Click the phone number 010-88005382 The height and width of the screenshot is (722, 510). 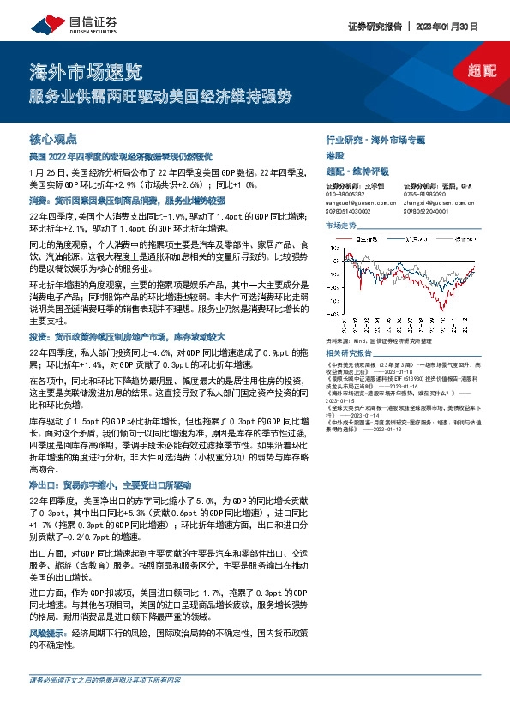pyautogui.click(x=347, y=194)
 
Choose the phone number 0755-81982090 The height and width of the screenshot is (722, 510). pyautogui.click(x=426, y=194)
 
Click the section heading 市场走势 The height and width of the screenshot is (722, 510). pyautogui.click(x=340, y=226)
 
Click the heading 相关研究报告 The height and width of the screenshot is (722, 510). pyautogui.click(x=349, y=352)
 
